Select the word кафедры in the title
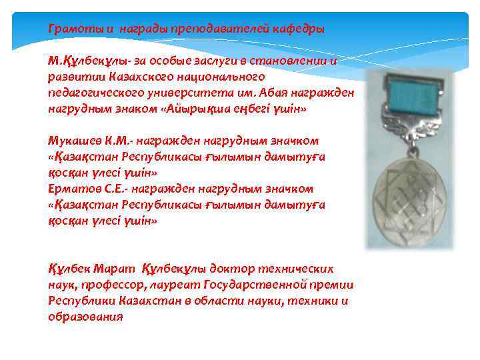[299, 29]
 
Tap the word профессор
[114, 285]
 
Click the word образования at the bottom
[85, 317]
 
